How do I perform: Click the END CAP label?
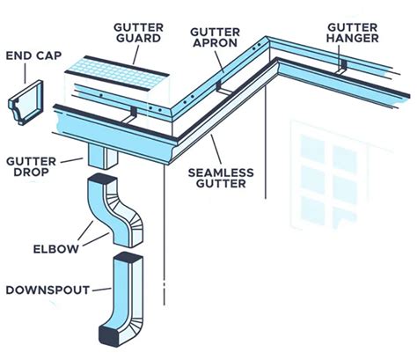point(31,56)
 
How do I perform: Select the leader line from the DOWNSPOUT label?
point(99,288)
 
